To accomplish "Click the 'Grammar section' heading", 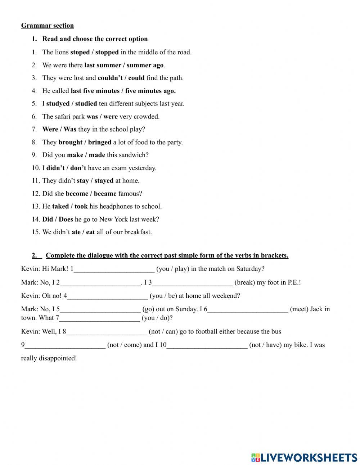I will [x=48, y=26].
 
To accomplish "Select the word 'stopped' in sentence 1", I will [x=107, y=52].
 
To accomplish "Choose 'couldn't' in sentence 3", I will [x=110, y=78].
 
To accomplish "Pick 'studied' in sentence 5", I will [x=86, y=104].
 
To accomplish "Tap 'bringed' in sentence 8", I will [x=100, y=142].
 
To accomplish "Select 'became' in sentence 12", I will [x=105, y=194].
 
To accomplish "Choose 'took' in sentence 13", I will [x=81, y=206].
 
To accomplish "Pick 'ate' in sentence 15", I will [x=76, y=232].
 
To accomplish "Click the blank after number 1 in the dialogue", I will [x=114, y=269].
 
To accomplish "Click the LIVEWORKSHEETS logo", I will [x=304, y=457].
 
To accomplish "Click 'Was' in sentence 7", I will [x=70, y=129].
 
